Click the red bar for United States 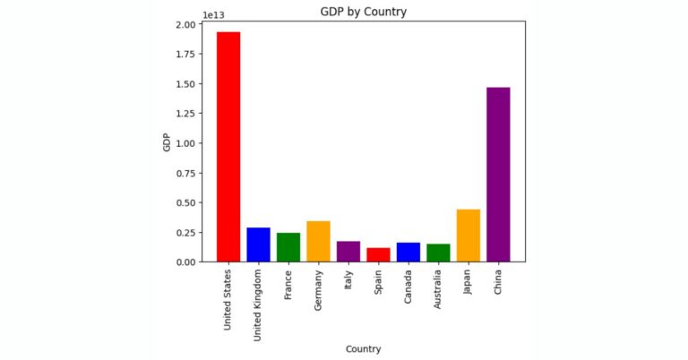[x=228, y=147]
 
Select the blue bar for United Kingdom [x=258, y=244]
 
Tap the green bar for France [x=288, y=247]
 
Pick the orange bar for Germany [x=318, y=241]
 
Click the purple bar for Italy [x=348, y=252]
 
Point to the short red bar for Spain [x=378, y=255]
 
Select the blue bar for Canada [x=408, y=253]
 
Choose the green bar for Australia [x=438, y=253]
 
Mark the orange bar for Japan [x=469, y=236]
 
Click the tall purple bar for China [x=498, y=175]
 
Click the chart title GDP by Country [x=363, y=13]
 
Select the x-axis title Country [x=363, y=348]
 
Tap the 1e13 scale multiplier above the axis [x=214, y=14]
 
